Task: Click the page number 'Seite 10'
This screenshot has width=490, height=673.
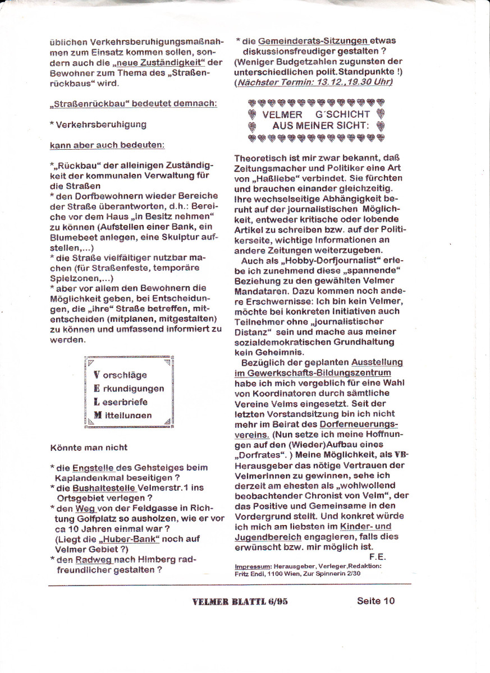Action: (375, 601)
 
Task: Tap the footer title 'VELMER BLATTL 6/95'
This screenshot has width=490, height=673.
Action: (240, 602)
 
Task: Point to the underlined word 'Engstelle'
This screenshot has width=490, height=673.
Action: (93, 467)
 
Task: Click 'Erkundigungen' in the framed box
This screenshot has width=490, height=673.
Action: (129, 388)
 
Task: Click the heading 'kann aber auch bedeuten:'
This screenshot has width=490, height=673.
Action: (107, 145)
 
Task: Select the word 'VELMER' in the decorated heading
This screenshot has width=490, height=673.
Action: (282, 114)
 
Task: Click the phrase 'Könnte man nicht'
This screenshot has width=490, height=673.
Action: (89, 447)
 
